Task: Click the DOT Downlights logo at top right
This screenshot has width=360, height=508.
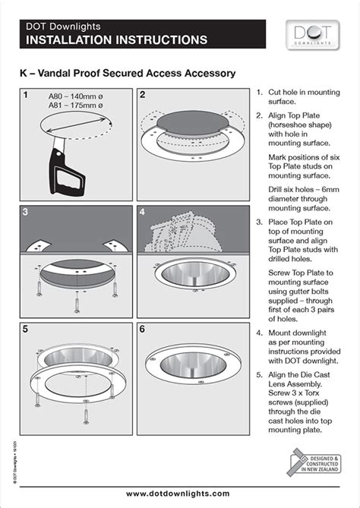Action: coord(311,35)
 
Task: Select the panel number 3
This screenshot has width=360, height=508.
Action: coord(26,213)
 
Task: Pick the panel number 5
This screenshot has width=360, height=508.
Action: coord(26,330)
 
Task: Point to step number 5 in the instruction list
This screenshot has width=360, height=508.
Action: coord(261,361)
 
